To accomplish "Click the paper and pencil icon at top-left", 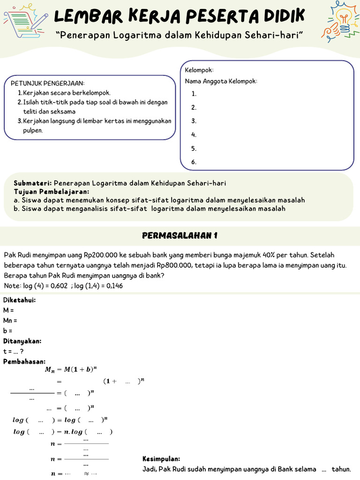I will click(26, 21).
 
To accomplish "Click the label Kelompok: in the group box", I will click(199, 70).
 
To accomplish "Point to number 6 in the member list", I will click(194, 162).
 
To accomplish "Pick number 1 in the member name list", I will click(194, 94).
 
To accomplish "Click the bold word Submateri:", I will click(33, 183).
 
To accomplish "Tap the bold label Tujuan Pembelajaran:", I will click(52, 192).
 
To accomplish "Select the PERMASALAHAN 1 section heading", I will click(180, 236).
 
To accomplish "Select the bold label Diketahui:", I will click(19, 300).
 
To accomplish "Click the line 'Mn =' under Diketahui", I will click(10, 321).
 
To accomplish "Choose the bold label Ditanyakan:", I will click(22, 341).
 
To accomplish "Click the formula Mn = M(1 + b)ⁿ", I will click(71, 369).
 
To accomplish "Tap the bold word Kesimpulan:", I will click(161, 459).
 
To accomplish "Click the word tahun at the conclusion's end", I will click(341, 469).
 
